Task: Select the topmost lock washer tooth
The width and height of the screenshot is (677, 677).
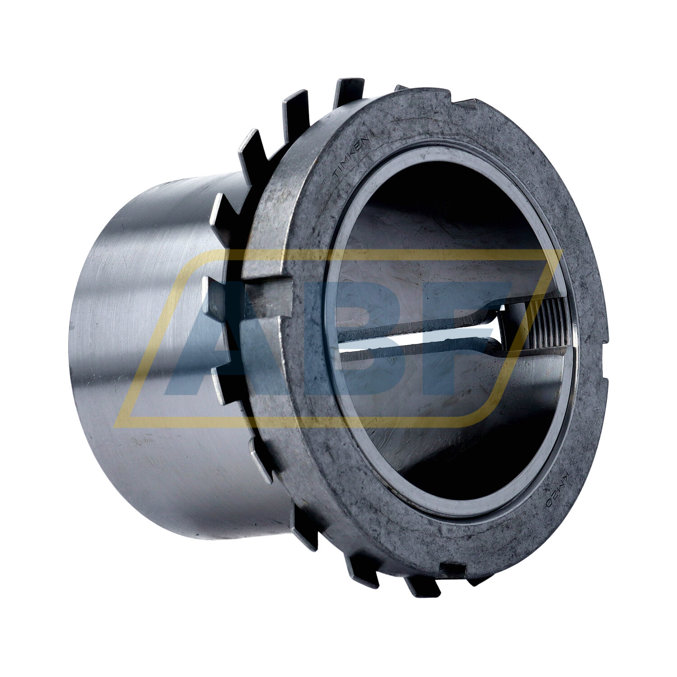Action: pos(348,90)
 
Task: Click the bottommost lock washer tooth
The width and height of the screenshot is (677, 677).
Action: pos(422,587)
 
